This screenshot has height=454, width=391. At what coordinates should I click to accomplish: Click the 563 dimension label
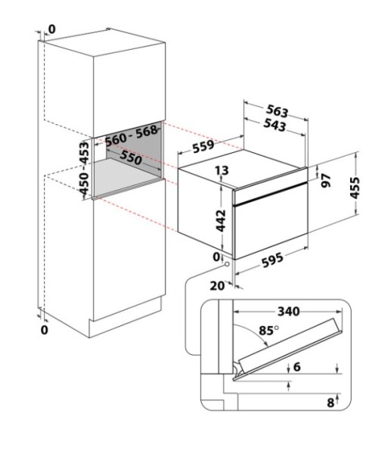(278, 111)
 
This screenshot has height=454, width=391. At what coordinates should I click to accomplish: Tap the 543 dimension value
(275, 125)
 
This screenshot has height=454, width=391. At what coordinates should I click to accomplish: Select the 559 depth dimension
(203, 146)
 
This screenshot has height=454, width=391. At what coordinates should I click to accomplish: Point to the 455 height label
(355, 188)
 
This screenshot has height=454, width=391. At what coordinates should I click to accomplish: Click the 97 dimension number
(326, 180)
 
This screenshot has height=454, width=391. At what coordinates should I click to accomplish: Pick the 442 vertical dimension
(221, 221)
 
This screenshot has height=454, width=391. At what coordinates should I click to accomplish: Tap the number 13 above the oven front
(222, 170)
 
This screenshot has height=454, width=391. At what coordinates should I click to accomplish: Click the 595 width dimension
(272, 260)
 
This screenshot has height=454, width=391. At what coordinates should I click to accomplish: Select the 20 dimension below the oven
(217, 286)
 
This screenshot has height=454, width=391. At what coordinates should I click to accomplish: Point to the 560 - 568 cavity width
(131, 136)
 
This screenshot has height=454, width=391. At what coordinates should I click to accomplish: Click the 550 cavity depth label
(131, 157)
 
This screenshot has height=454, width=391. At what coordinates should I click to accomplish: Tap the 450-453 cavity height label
(84, 168)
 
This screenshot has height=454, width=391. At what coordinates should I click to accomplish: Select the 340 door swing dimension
(289, 312)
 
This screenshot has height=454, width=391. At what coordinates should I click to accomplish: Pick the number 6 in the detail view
(297, 367)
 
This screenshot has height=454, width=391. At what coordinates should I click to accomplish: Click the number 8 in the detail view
(330, 403)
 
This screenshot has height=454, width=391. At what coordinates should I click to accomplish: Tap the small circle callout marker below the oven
(227, 264)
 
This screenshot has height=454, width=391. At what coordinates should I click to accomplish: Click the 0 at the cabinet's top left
(51, 29)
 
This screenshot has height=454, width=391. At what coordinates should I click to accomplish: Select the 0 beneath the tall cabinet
(45, 329)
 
